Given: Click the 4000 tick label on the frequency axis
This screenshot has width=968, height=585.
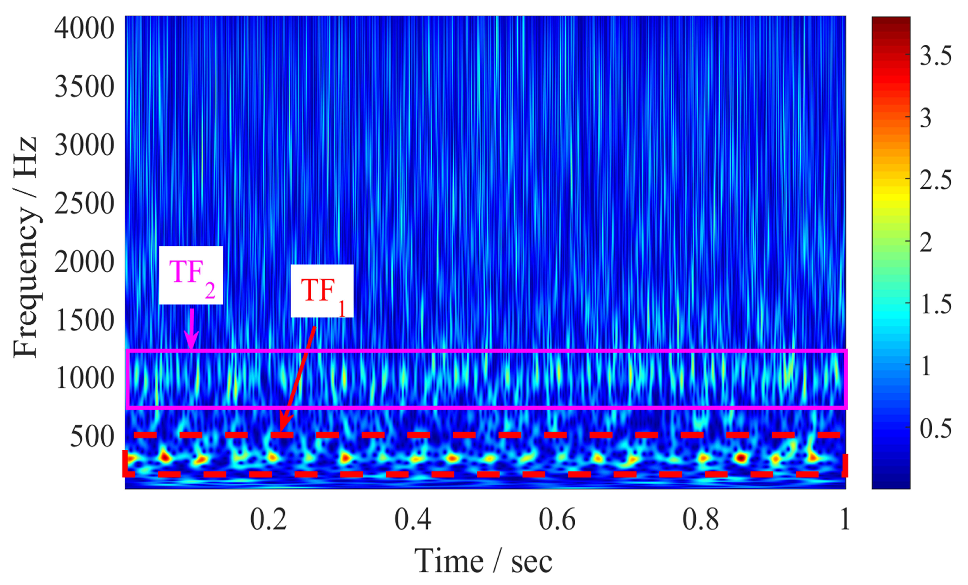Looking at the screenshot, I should (84, 28).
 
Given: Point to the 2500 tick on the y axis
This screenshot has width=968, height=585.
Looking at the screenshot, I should (84, 204).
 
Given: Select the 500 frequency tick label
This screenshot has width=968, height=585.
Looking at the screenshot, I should (92, 436).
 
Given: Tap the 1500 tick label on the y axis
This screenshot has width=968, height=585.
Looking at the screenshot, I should (84, 320).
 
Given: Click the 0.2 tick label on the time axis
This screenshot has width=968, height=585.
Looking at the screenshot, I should (268, 519).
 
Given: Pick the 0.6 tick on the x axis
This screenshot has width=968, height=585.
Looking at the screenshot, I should (557, 519).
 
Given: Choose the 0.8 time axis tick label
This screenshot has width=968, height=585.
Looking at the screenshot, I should (700, 519).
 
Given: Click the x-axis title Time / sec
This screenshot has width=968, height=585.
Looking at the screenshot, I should (483, 561).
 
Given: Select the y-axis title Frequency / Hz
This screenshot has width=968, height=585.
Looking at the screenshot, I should (25, 247).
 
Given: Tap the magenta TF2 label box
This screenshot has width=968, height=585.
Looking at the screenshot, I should (191, 275).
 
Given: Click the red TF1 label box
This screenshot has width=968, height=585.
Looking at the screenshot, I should (322, 291).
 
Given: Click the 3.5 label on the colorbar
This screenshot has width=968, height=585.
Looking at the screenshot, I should (935, 55).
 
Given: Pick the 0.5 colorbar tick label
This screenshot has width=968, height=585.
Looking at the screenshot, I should (935, 429).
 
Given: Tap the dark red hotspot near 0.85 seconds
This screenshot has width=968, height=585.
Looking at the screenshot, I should (741, 458).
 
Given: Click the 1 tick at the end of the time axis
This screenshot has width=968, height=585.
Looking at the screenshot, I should (844, 519).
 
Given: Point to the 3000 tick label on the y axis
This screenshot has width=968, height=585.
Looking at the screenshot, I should (84, 145).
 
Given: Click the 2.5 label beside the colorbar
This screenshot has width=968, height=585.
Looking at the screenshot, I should (935, 180).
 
